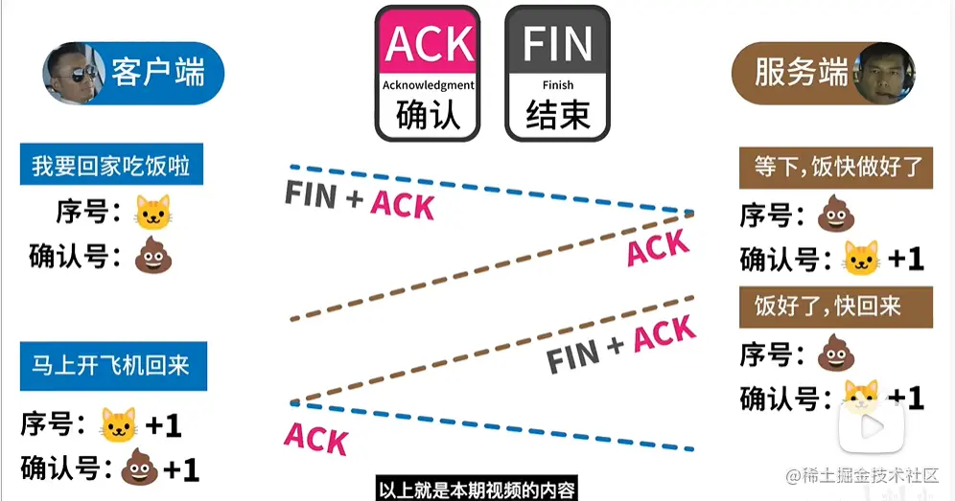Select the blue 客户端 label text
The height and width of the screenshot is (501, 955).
tap(157, 73)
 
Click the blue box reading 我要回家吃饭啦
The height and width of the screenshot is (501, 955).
tap(111, 167)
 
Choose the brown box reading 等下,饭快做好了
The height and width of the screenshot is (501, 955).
tap(836, 168)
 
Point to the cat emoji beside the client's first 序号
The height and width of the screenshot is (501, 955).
tap(153, 213)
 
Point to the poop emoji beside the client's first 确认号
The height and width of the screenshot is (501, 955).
tap(152, 257)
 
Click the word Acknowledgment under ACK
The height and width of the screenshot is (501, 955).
tap(429, 85)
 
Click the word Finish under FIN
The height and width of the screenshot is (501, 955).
tap(557, 85)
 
